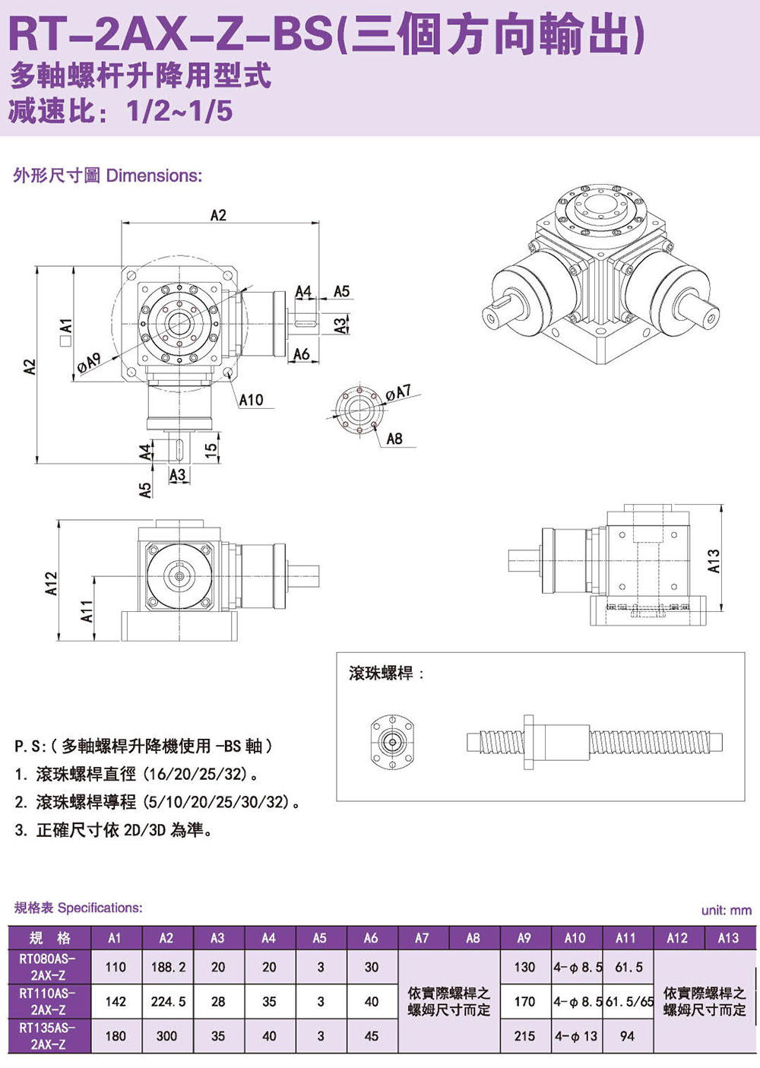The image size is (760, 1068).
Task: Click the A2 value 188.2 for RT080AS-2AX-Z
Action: (167, 967)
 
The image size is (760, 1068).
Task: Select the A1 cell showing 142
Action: (116, 1002)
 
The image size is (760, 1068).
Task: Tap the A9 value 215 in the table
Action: (524, 1036)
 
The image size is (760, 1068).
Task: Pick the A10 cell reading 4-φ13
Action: (576, 1036)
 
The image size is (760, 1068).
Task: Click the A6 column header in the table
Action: (371, 938)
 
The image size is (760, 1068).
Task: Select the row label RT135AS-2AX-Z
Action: (47, 1036)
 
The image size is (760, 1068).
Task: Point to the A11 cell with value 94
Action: (627, 1036)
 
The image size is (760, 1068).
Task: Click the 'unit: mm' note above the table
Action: (726, 910)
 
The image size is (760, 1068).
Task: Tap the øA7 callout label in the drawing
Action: (397, 392)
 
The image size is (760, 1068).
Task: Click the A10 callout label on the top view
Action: (251, 400)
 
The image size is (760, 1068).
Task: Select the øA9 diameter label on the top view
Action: (89, 363)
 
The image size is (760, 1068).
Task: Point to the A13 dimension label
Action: (713, 561)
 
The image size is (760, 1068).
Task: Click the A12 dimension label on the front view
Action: (51, 583)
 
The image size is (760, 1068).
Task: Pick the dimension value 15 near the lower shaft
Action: (212, 448)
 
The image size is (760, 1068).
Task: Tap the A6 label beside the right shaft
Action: (302, 354)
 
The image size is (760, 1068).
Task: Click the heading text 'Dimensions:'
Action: (154, 176)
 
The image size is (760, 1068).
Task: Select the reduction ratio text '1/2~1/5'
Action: (179, 112)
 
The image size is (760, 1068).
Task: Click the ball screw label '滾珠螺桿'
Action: (381, 673)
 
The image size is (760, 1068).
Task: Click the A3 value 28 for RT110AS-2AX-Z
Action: (218, 1002)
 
